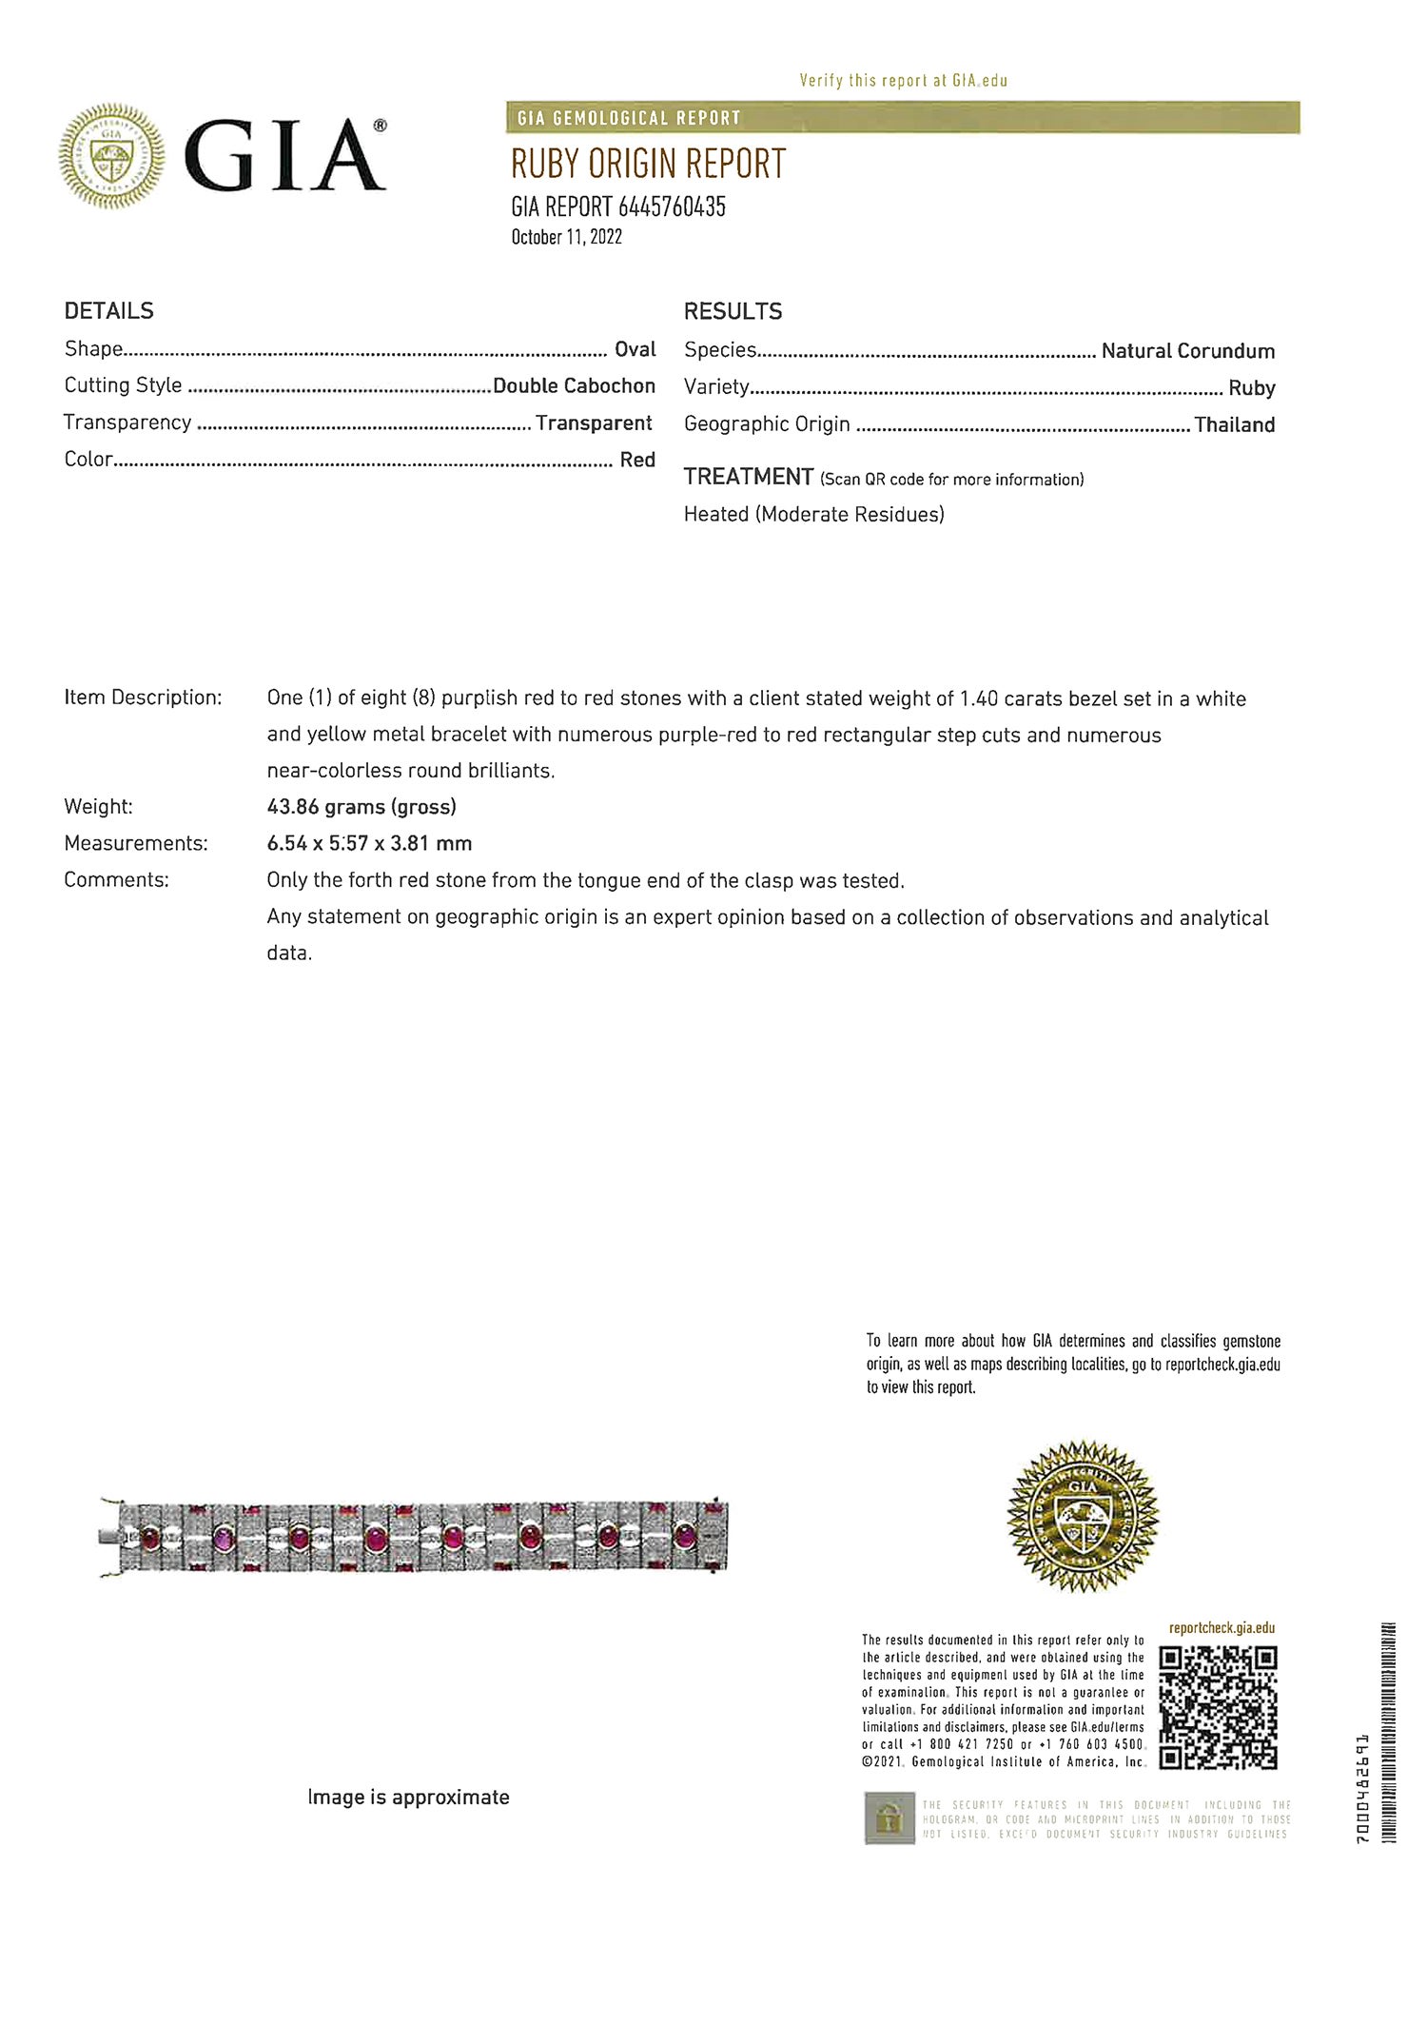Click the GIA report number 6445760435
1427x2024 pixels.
click(617, 206)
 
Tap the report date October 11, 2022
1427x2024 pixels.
click(566, 237)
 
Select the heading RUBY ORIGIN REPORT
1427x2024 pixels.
click(648, 165)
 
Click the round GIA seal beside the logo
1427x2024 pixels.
click(111, 156)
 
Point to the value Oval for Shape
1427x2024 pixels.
click(635, 349)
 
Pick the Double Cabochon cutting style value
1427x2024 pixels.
click(574, 385)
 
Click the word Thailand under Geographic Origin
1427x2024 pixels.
click(1234, 425)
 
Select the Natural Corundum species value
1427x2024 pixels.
click(1187, 351)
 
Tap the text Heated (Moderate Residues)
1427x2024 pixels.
click(813, 515)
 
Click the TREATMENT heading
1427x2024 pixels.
click(748, 477)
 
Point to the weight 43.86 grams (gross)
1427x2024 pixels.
click(362, 807)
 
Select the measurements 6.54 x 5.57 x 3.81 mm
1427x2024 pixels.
click(369, 843)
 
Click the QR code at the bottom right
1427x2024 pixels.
click(1217, 1707)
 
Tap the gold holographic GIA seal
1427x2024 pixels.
click(1082, 1516)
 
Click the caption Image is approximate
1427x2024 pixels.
click(408, 1798)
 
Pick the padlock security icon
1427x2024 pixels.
click(889, 1818)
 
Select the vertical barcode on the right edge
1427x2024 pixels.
click(1387, 1732)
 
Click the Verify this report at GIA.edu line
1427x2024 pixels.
click(903, 81)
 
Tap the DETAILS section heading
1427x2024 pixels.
click(108, 311)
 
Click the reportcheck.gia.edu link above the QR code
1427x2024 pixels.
click(1222, 1628)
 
